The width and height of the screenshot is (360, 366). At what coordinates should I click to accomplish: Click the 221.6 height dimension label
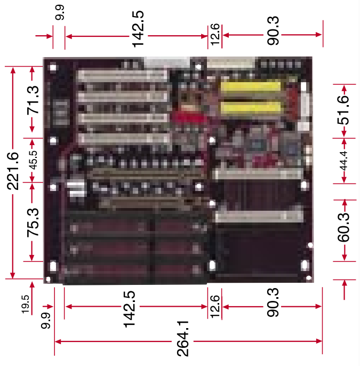[13, 171]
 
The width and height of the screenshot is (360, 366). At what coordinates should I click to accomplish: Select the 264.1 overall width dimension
[183, 338]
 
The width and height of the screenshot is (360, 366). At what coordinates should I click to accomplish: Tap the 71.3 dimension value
[33, 100]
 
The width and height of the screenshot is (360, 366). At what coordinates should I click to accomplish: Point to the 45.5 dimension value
[33, 160]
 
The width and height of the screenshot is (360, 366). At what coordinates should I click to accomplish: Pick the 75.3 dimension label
[33, 222]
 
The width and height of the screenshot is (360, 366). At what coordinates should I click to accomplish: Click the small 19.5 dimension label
[26, 304]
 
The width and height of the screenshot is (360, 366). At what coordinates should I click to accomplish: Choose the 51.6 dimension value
[343, 110]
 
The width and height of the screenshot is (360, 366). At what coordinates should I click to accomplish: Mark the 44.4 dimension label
[343, 161]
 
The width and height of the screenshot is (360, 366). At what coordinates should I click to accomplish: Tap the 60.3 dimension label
[343, 227]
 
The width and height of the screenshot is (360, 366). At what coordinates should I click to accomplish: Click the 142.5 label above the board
[138, 29]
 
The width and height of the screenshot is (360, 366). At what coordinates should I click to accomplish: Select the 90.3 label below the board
[273, 302]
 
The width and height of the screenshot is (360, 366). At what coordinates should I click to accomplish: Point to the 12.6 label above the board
[215, 34]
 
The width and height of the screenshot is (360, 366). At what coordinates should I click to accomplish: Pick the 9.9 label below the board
[46, 321]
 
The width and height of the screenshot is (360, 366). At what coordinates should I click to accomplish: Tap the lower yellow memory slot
[251, 108]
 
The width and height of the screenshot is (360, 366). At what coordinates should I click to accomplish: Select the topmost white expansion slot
[123, 75]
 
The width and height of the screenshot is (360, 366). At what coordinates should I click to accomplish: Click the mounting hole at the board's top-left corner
[53, 67]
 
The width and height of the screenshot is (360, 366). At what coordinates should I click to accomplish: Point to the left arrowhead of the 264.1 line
[58, 341]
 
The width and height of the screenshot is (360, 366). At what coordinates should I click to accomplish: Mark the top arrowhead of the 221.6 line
[13, 70]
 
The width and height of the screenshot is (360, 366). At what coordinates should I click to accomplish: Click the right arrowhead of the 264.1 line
[319, 341]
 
